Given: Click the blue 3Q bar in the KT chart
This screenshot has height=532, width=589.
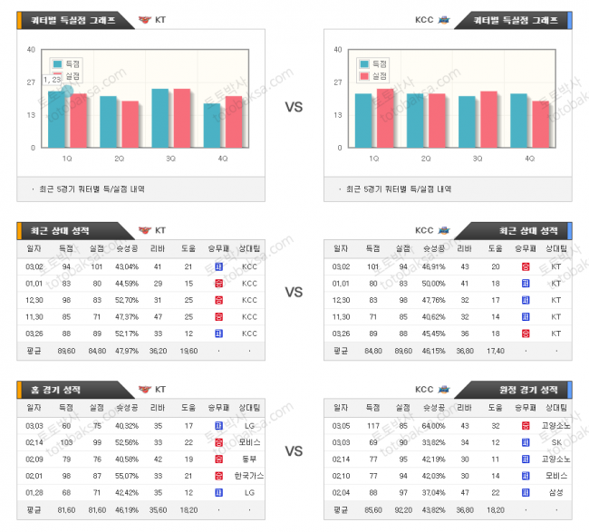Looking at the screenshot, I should click(160, 118).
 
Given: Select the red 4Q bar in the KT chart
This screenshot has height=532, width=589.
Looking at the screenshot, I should click(234, 121).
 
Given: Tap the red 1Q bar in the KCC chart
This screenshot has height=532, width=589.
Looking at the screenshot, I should click(385, 118).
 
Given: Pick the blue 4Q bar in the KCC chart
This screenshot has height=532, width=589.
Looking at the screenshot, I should click(518, 120).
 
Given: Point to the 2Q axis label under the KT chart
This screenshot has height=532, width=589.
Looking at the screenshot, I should click(119, 159).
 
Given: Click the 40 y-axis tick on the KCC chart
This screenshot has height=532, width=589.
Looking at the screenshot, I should click(338, 50).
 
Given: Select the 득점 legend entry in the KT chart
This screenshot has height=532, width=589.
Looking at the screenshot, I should click(70, 63).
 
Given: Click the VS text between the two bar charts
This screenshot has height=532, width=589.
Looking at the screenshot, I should click(294, 107).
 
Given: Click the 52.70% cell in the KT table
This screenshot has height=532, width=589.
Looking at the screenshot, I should click(127, 300).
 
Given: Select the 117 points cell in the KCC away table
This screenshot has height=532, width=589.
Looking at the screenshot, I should click(372, 425).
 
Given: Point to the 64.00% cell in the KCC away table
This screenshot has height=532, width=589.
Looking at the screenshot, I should click(433, 425).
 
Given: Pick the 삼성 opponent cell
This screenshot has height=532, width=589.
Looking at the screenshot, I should click(555, 492).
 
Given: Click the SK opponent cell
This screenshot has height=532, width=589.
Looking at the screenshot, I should click(555, 442).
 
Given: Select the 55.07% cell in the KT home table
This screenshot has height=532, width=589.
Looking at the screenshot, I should click(127, 476).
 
